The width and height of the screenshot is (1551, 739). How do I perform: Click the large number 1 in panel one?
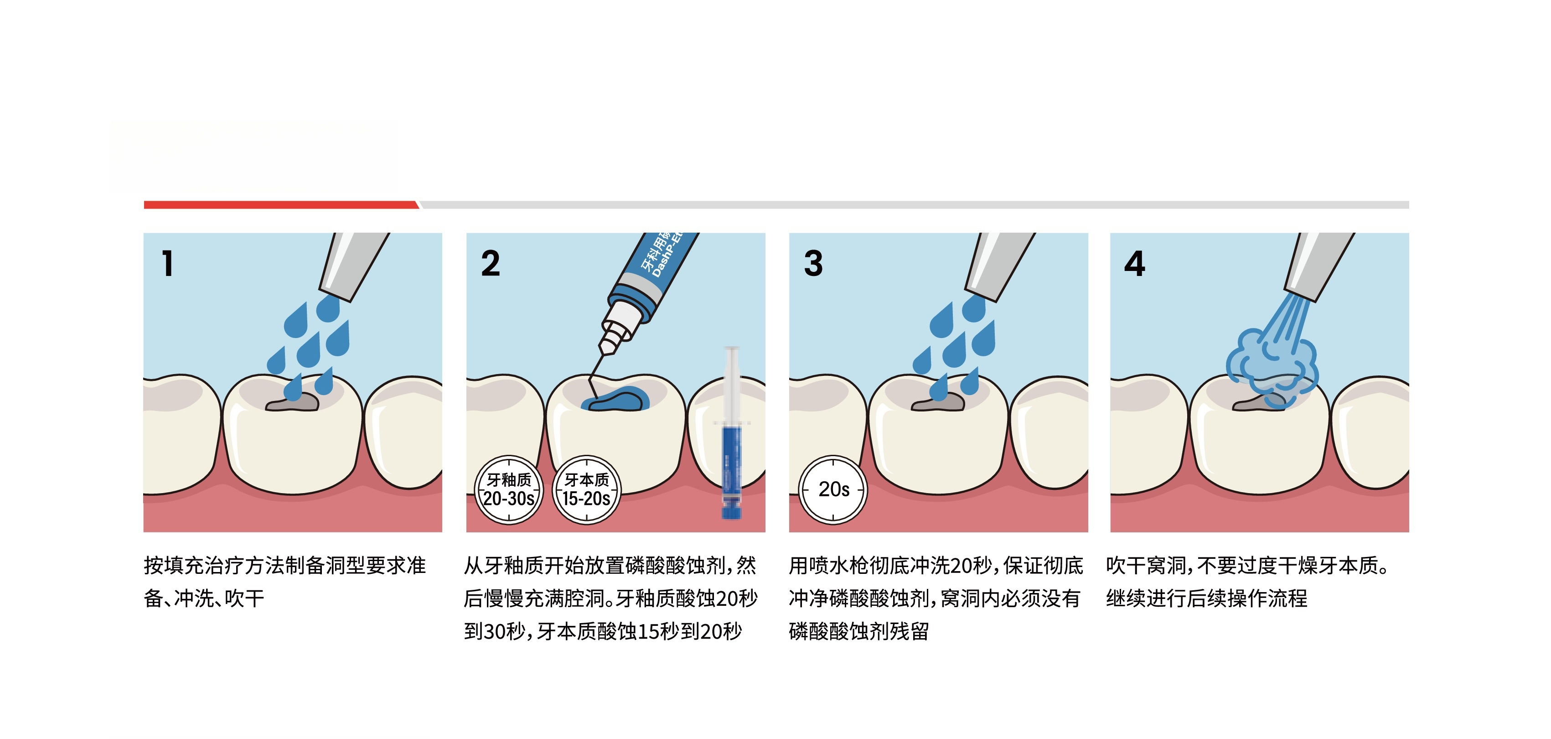pos(168,264)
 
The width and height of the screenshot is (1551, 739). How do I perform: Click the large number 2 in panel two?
pos(490,264)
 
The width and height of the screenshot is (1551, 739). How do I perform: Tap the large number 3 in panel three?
pos(813,264)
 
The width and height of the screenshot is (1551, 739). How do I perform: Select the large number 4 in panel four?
pos(1134,264)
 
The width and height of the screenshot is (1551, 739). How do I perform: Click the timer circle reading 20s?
pos(833,489)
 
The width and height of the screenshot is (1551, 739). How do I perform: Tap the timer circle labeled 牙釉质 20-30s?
pos(509,489)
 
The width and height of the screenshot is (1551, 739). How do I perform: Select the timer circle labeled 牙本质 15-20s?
pos(586,489)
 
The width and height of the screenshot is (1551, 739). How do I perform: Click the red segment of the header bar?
pos(280,205)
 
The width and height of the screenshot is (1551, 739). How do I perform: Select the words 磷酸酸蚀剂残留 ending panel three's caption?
pos(858,631)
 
